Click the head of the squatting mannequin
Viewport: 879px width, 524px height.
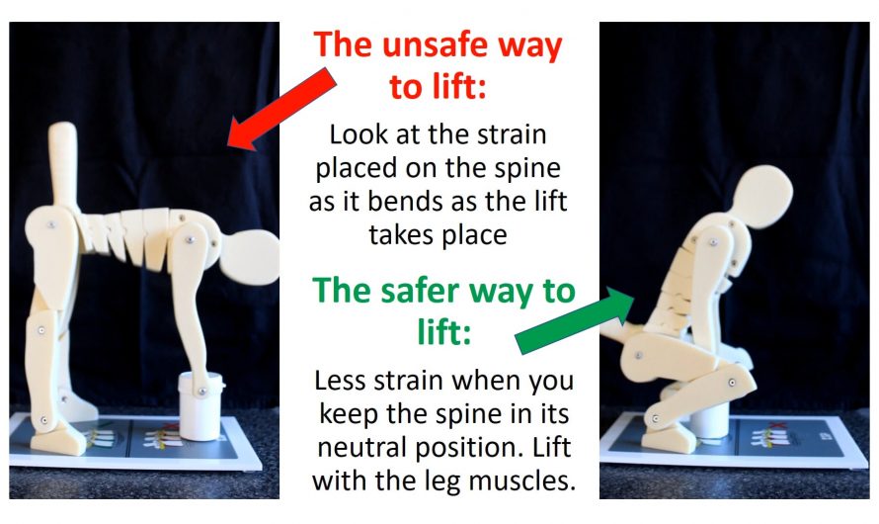click(x=760, y=195)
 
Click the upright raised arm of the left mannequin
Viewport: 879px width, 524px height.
click(x=63, y=163)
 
